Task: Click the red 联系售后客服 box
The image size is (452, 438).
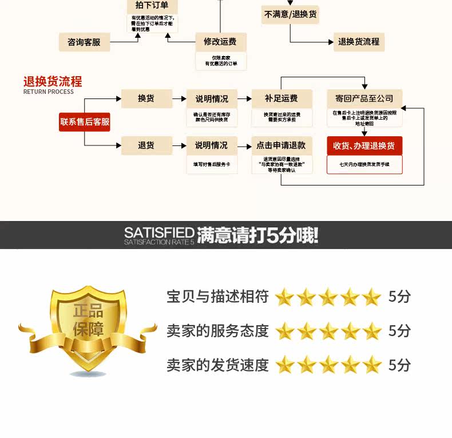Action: tap(85, 121)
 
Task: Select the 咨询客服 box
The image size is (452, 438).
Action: tap(84, 42)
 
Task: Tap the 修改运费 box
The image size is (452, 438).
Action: tap(220, 41)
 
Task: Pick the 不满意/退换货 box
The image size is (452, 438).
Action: tap(290, 14)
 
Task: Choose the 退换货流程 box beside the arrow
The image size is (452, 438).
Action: tap(359, 42)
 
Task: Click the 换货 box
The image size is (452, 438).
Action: tap(146, 98)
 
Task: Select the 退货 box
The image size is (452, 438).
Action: tap(146, 145)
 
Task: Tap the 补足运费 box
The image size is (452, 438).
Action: tap(281, 98)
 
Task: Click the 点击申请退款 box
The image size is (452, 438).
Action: tap(281, 145)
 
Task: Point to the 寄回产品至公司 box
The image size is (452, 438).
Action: tap(364, 98)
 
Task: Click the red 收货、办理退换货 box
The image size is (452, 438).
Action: tap(364, 145)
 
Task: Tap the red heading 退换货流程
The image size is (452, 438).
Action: tap(53, 81)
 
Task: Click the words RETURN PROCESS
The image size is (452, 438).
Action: tap(49, 92)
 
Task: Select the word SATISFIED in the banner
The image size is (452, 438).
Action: tap(159, 232)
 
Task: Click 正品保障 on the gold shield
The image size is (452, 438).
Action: tap(88, 320)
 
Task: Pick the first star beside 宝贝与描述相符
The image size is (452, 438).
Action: tap(284, 297)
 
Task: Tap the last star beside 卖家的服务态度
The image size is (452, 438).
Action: tap(372, 331)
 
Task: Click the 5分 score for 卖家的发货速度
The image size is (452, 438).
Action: tap(399, 365)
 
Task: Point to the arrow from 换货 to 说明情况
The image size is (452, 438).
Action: tap(179, 98)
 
